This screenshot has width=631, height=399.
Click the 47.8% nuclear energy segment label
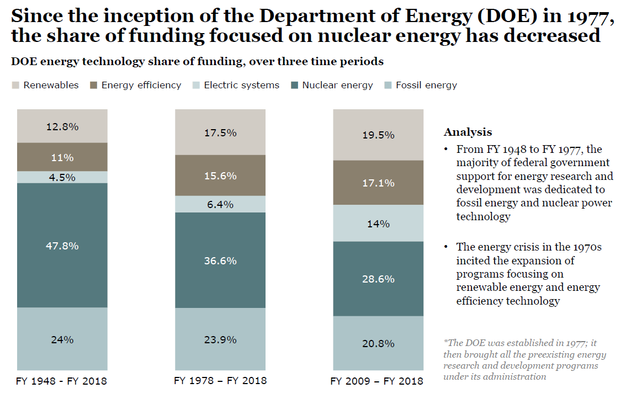62,246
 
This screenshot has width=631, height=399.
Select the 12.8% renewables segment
62,126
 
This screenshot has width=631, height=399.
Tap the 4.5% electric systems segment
62,177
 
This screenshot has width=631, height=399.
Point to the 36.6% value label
220,260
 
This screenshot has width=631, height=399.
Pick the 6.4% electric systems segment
220,204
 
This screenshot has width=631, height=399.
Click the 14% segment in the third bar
378,224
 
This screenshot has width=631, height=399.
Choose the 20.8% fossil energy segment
378,343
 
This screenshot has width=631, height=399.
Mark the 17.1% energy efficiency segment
378,183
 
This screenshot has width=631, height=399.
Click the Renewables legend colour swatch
15,86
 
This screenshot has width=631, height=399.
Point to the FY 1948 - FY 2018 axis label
62,381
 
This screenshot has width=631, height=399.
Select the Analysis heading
468,132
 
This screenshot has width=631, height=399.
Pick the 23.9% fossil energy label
220,339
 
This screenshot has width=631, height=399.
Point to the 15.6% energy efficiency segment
220,175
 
